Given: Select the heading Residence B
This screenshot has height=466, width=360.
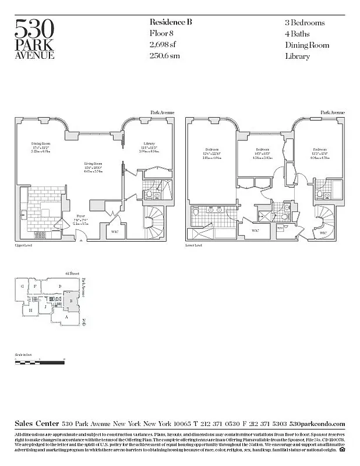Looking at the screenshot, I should pos(171,22).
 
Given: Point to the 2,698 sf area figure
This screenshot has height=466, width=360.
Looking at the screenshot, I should pos(163,45).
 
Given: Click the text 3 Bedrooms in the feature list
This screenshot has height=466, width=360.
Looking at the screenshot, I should pos(305,23).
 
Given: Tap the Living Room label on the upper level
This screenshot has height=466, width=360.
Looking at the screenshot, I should pos(93,164).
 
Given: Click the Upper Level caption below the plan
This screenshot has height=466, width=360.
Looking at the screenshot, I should pos(22,246).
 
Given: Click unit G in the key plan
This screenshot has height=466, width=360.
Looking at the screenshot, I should pos(22,287).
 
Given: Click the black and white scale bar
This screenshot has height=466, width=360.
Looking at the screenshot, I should pos(38,363).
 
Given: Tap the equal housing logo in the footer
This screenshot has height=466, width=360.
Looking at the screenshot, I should pos(342,449).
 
